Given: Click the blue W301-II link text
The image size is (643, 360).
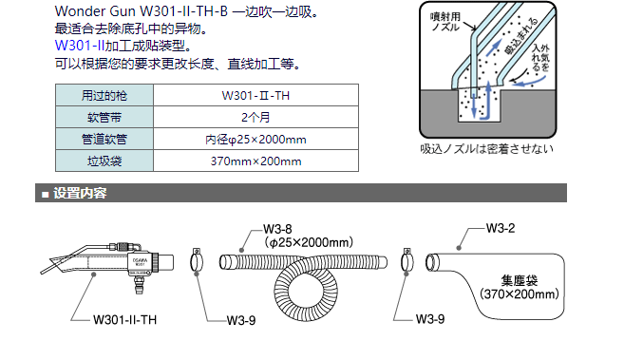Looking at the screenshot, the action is click(80, 46).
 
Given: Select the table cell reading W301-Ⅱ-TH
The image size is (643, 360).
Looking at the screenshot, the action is click(255, 96).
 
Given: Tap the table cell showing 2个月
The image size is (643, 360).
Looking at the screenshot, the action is click(255, 117).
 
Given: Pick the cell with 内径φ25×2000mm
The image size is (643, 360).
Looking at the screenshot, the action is click(255, 140).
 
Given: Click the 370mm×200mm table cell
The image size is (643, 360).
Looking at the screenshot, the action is click(255, 161).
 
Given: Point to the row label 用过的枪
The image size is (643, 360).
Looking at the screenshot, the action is click(104, 96).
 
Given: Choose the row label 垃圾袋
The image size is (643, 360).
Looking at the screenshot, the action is click(104, 161).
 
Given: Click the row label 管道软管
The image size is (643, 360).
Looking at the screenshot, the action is click(104, 140).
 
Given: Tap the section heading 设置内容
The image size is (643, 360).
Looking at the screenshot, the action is click(80, 193).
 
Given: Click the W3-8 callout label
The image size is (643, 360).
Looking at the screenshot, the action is click(277, 229).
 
